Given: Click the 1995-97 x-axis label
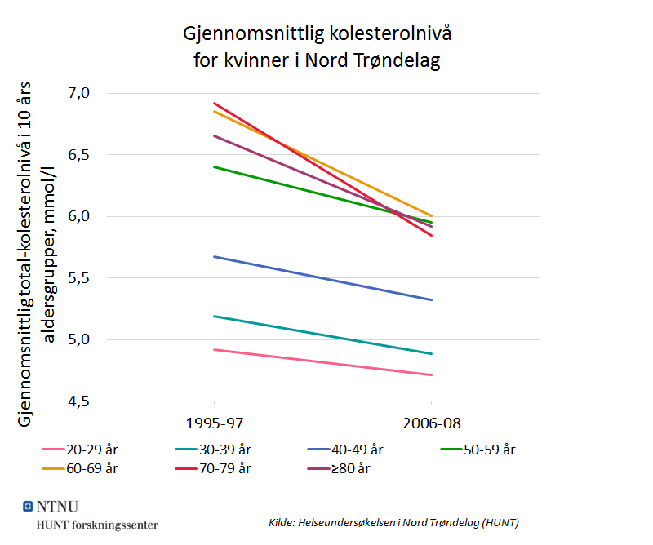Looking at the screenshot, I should (x=213, y=424).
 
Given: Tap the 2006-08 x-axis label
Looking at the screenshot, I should (x=431, y=424).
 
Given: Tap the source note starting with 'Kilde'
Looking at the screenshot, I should (x=393, y=522).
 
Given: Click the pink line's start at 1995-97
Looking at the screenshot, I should (x=213, y=349).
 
